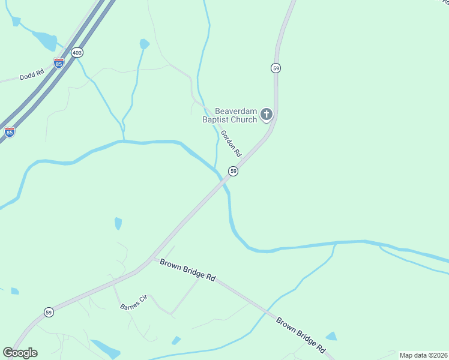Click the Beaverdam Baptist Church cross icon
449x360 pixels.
pyautogui.click(x=266, y=113)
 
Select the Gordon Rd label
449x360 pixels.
pyautogui.click(x=231, y=143)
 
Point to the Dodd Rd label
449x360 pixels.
pyautogui.click(x=32, y=75)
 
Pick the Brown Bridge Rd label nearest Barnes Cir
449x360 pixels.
pyautogui.click(x=187, y=270)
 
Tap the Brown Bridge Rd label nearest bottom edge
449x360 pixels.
pyautogui.click(x=301, y=335)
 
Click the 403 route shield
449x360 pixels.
pyautogui.click(x=77, y=53)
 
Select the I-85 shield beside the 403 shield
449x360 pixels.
pyautogui.click(x=58, y=62)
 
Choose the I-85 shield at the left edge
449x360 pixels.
pyautogui.click(x=10, y=132)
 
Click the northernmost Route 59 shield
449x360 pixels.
pyautogui.click(x=276, y=68)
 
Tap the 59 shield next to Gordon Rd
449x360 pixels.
pyautogui.click(x=234, y=172)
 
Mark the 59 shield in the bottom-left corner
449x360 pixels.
pyautogui.click(x=49, y=312)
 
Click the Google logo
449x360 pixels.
pyautogui.click(x=20, y=353)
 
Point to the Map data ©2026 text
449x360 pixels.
pyautogui.click(x=423, y=355)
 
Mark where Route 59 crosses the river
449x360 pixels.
pyautogui.click(x=221, y=180)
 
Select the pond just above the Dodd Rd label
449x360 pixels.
pyautogui.click(x=46, y=41)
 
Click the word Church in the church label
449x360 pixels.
pyautogui.click(x=245, y=119)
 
